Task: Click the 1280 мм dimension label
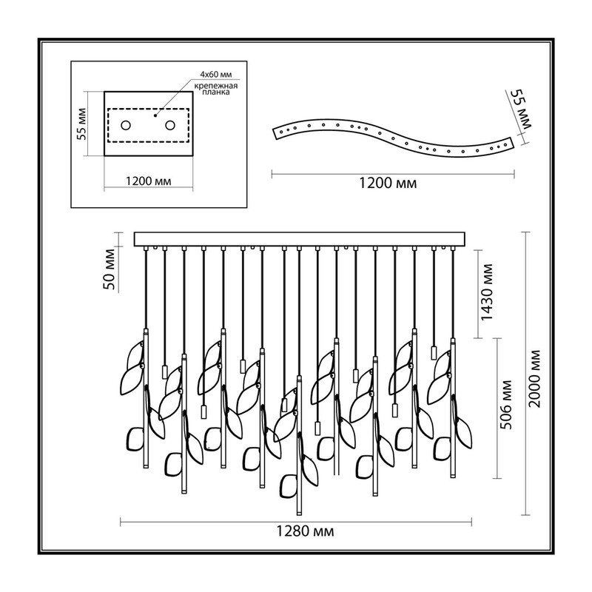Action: (305, 531)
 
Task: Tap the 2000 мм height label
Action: (534, 379)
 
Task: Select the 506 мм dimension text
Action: (506, 404)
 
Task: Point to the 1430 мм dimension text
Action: (487, 292)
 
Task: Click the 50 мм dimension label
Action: (109, 269)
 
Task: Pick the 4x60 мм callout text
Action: (216, 74)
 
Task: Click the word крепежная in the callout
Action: (216, 86)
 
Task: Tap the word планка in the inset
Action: (216, 92)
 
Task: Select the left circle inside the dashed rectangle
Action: (126, 125)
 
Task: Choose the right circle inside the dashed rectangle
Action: (170, 125)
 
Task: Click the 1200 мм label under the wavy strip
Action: (387, 183)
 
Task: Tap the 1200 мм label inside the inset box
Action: (148, 181)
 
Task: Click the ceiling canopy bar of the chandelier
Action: (300, 239)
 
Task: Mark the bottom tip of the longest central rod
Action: (299, 514)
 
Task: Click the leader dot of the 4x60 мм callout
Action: (155, 115)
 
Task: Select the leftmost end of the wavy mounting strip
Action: (273, 131)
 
